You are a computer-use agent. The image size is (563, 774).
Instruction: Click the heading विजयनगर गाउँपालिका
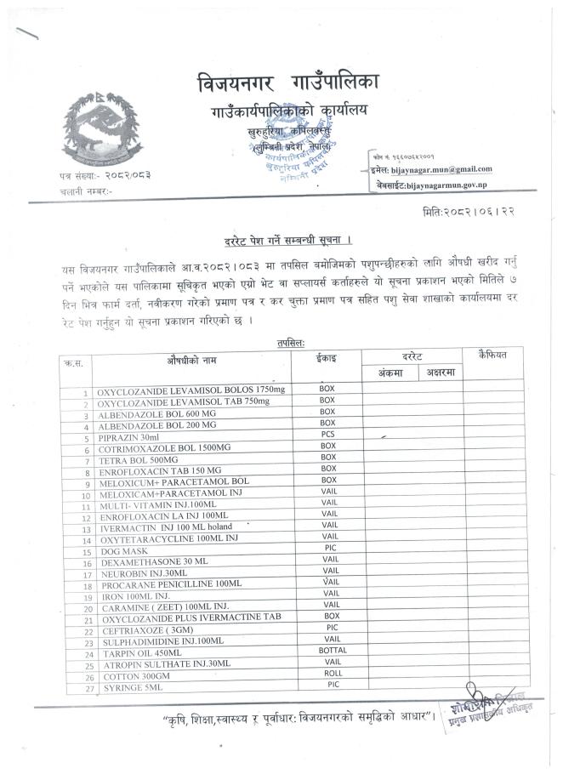coord(288,84)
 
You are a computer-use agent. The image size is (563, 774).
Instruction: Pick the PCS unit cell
coord(327,434)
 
